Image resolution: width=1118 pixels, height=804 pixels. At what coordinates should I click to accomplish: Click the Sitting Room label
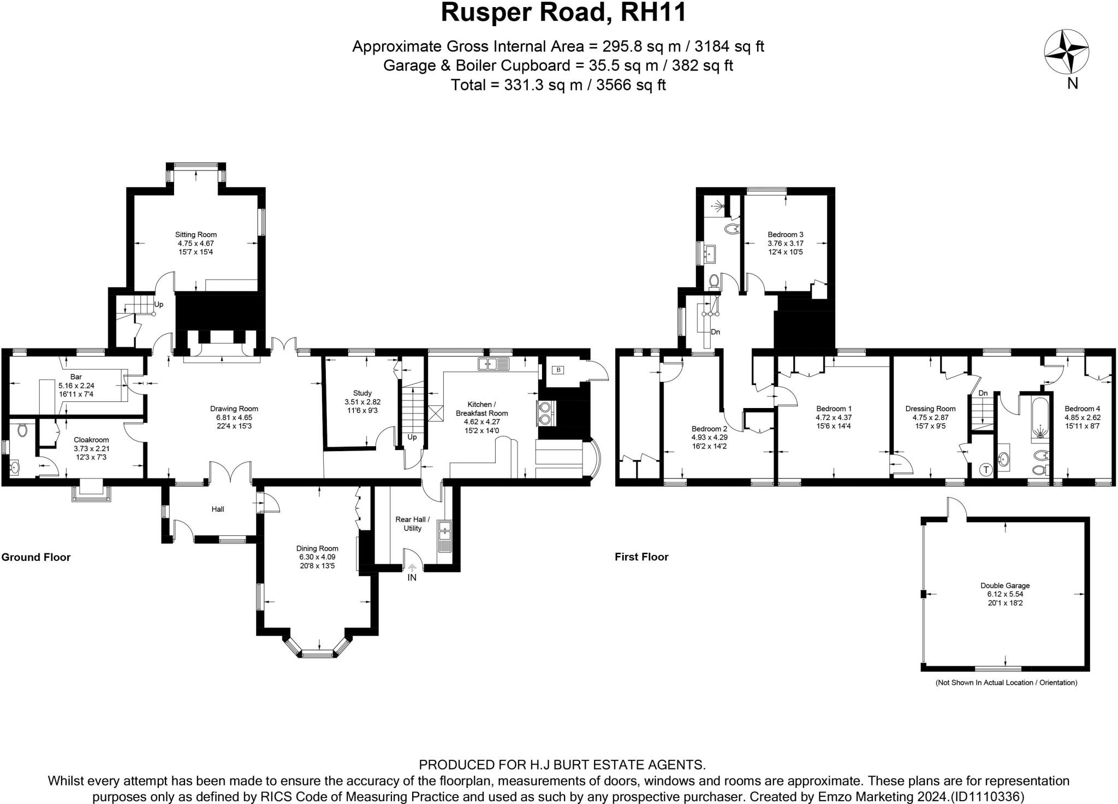pos(196,235)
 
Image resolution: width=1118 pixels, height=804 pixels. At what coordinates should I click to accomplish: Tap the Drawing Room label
pos(234,409)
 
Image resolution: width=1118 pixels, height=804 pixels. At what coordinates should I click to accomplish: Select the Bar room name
pos(76,377)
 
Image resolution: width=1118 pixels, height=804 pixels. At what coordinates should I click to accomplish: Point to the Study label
pos(362,393)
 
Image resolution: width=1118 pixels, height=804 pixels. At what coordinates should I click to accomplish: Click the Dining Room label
pos(317,548)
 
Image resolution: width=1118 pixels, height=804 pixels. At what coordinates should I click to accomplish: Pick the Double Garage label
pos(1005,586)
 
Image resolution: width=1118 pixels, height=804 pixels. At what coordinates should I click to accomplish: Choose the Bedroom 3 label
pos(786,235)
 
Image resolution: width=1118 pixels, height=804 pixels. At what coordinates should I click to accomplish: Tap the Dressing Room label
pos(930,409)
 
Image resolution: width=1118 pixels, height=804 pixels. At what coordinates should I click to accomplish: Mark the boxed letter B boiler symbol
pos(558,370)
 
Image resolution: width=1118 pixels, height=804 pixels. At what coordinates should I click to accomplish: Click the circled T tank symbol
pos(986,469)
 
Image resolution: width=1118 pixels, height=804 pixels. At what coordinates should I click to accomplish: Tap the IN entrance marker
pos(412,577)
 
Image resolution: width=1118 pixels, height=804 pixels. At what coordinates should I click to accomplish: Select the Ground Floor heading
pos(36,557)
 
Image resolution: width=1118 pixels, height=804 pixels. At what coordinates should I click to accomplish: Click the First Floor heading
pos(641,557)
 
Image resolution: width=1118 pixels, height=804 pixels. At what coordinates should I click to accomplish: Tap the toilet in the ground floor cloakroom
pos(22,431)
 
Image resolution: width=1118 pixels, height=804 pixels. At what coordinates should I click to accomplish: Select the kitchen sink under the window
pos(493,363)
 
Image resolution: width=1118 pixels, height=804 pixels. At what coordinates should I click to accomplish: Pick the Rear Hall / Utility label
pos(412,524)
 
